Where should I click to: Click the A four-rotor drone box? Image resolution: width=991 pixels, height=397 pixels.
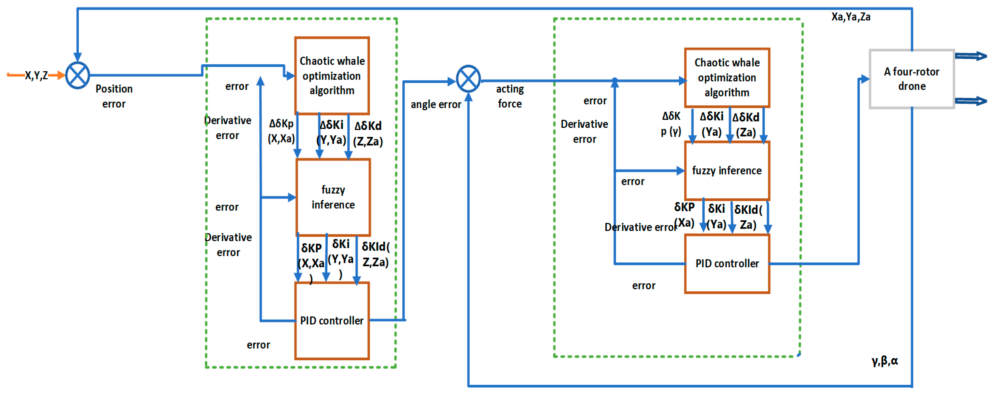tap(911, 79)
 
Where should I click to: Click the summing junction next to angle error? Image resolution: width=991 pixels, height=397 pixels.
tap(468, 79)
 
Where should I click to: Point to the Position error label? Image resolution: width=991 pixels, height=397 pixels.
tap(114, 96)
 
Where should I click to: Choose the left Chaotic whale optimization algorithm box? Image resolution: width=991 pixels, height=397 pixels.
tap(332, 76)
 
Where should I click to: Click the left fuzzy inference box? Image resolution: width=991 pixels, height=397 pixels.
tap(333, 197)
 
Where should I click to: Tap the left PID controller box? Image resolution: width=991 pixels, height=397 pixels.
tap(332, 321)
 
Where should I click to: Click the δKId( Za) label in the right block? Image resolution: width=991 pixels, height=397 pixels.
tap(748, 217)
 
